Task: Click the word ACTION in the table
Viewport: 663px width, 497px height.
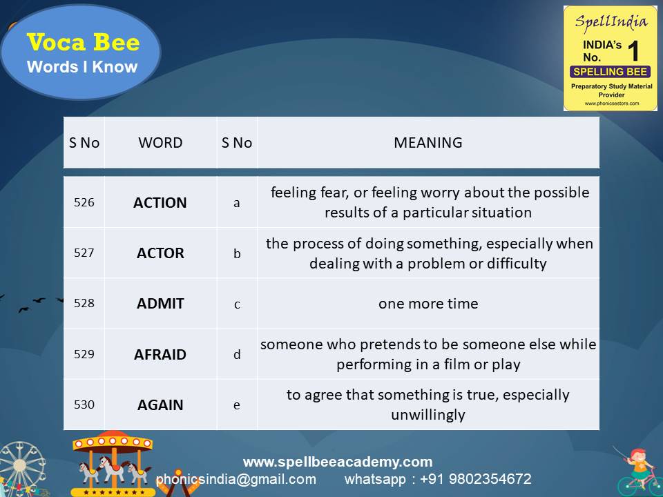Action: (160, 203)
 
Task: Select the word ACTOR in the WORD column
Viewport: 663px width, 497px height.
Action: (160, 253)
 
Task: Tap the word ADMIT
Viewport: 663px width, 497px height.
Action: (160, 304)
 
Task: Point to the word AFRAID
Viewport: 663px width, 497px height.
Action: (160, 354)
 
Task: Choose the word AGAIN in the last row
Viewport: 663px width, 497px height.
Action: (160, 405)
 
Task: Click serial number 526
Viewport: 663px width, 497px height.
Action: (84, 202)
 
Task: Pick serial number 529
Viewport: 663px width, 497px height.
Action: (84, 353)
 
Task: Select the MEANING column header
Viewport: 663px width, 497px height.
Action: (428, 143)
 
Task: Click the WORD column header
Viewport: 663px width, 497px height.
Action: (160, 143)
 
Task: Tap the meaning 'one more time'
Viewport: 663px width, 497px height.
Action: (428, 304)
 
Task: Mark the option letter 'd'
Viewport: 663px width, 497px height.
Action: (237, 353)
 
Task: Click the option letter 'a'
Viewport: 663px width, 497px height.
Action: (237, 203)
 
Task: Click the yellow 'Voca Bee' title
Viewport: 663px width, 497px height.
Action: (84, 42)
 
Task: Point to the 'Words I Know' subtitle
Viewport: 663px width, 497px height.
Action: (82, 67)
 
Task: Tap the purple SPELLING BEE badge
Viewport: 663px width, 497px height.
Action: (610, 71)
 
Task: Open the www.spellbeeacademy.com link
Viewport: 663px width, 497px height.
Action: (338, 462)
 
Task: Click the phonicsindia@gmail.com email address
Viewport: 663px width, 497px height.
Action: (236, 479)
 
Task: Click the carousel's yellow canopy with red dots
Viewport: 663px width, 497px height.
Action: (113, 442)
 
